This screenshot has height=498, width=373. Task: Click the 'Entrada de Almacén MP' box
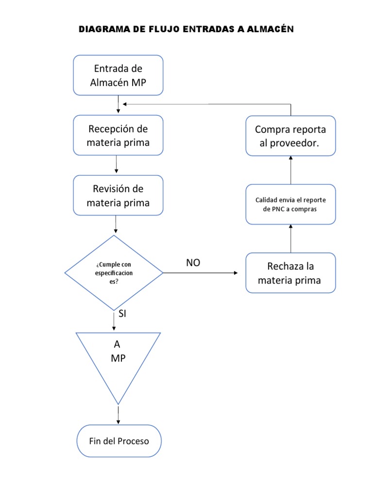click(118, 75)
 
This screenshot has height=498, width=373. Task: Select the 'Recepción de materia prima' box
click(118, 136)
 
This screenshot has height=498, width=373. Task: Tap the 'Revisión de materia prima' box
click(118, 196)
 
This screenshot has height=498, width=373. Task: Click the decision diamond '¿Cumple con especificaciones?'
click(114, 273)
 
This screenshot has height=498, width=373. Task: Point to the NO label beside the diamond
click(193, 263)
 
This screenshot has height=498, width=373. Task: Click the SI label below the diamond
click(122, 314)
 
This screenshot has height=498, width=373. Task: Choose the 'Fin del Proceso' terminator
click(119, 441)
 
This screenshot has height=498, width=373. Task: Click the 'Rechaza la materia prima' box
click(290, 273)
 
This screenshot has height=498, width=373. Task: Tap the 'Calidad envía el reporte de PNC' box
click(290, 204)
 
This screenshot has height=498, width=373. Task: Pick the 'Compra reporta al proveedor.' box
click(290, 136)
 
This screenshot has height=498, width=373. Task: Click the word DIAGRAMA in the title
click(103, 30)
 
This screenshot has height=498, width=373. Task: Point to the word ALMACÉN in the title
click(270, 30)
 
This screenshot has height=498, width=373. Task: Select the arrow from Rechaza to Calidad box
click(290, 238)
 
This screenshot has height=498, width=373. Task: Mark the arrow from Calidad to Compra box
click(290, 170)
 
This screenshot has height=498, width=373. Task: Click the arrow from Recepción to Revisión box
click(117, 164)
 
